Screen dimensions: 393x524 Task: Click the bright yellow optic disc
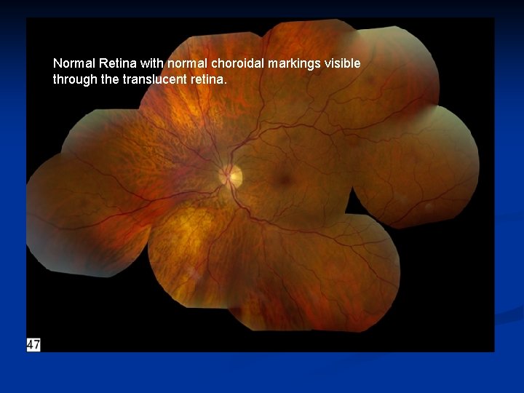(x=232, y=175)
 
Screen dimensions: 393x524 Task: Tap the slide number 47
(x=33, y=344)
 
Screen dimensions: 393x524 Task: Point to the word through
(x=76, y=79)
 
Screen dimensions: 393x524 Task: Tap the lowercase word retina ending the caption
(x=207, y=79)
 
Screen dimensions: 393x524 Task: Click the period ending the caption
(x=226, y=82)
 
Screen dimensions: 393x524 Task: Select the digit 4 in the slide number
(x=31, y=344)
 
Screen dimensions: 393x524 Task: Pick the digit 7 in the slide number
(x=37, y=344)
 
